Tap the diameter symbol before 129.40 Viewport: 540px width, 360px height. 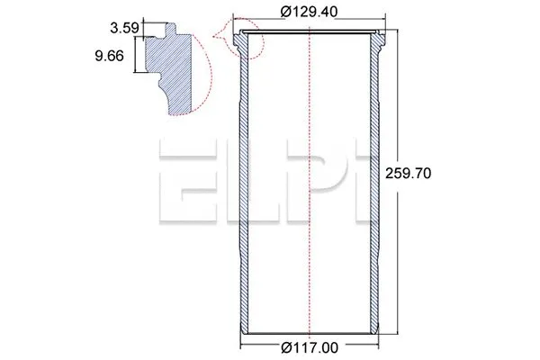point(284,11)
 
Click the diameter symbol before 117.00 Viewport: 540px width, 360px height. point(284,346)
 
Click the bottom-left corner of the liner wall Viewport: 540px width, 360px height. point(241,328)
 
